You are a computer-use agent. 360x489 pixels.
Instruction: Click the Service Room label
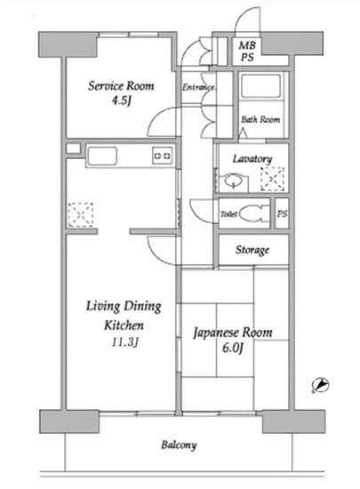pyautogui.click(x=121, y=85)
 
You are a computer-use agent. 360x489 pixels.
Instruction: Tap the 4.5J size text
pyautogui.click(x=122, y=100)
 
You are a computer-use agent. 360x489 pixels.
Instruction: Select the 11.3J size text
pyautogui.click(x=124, y=342)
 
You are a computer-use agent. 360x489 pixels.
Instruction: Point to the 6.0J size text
pyautogui.click(x=232, y=348)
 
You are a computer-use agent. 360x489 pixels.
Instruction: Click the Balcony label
pyautogui.click(x=179, y=445)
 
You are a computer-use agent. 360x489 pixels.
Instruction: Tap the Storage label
pyautogui.click(x=252, y=250)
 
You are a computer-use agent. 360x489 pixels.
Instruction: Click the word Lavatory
pyautogui.click(x=252, y=159)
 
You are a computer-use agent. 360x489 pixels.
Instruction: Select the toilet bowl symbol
pyautogui.click(x=254, y=213)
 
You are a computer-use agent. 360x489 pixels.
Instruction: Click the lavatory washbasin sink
pyautogui.click(x=233, y=181)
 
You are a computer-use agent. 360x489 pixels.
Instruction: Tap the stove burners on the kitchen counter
pyautogui.click(x=163, y=156)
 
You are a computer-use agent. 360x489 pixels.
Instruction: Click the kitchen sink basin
pyautogui.click(x=102, y=156)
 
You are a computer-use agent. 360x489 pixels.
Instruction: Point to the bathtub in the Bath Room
pyautogui.click(x=261, y=86)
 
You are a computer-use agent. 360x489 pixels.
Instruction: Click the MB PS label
pyautogui.click(x=247, y=52)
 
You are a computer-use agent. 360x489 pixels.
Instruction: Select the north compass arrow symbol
pyautogui.click(x=321, y=385)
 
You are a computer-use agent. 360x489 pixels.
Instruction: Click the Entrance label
pyautogui.click(x=198, y=87)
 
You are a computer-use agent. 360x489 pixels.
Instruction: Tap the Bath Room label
pyautogui.click(x=260, y=119)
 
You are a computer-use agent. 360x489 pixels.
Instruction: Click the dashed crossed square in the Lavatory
pyautogui.click(x=272, y=179)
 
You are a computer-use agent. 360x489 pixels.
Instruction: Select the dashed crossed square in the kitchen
pyautogui.click(x=81, y=214)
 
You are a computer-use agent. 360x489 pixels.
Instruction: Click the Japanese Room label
pyautogui.click(x=233, y=333)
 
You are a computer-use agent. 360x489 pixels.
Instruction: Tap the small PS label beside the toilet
pyautogui.click(x=283, y=214)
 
